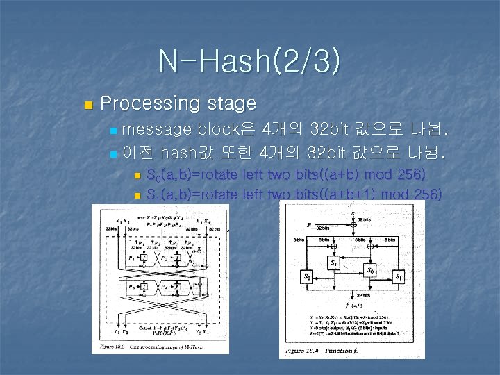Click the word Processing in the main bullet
(150, 104)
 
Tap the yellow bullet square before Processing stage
(87, 106)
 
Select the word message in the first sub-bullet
(158, 129)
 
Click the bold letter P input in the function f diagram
(308, 225)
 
